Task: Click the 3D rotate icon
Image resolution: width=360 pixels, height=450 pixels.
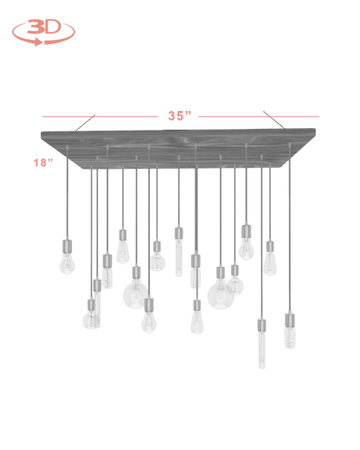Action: tap(43, 32)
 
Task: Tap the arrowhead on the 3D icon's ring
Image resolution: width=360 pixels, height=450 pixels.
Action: tap(37, 42)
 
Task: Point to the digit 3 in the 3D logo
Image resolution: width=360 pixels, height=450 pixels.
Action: tap(35, 27)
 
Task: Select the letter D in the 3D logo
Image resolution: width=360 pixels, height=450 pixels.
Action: tap(53, 27)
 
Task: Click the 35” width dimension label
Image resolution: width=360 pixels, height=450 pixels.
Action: tap(180, 116)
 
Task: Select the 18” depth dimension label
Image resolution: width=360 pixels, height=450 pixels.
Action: tap(43, 163)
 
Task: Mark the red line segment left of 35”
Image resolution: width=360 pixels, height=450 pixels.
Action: tap(100, 117)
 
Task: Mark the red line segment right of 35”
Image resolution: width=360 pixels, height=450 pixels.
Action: tap(259, 117)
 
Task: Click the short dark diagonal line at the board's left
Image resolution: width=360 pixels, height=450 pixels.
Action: tap(86, 123)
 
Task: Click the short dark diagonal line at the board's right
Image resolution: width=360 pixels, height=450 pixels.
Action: tap(273, 119)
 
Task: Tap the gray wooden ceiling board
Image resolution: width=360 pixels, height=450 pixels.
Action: tap(178, 149)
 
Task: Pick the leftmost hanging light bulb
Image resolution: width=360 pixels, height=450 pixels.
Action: tap(67, 263)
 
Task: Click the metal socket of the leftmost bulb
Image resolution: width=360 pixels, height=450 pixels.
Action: tap(67, 246)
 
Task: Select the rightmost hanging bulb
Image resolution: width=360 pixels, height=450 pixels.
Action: tap(290, 337)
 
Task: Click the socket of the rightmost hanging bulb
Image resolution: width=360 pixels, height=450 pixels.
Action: tap(290, 320)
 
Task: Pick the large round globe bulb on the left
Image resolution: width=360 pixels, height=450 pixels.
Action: tap(135, 294)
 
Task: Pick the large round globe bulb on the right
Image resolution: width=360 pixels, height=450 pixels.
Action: tap(221, 296)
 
